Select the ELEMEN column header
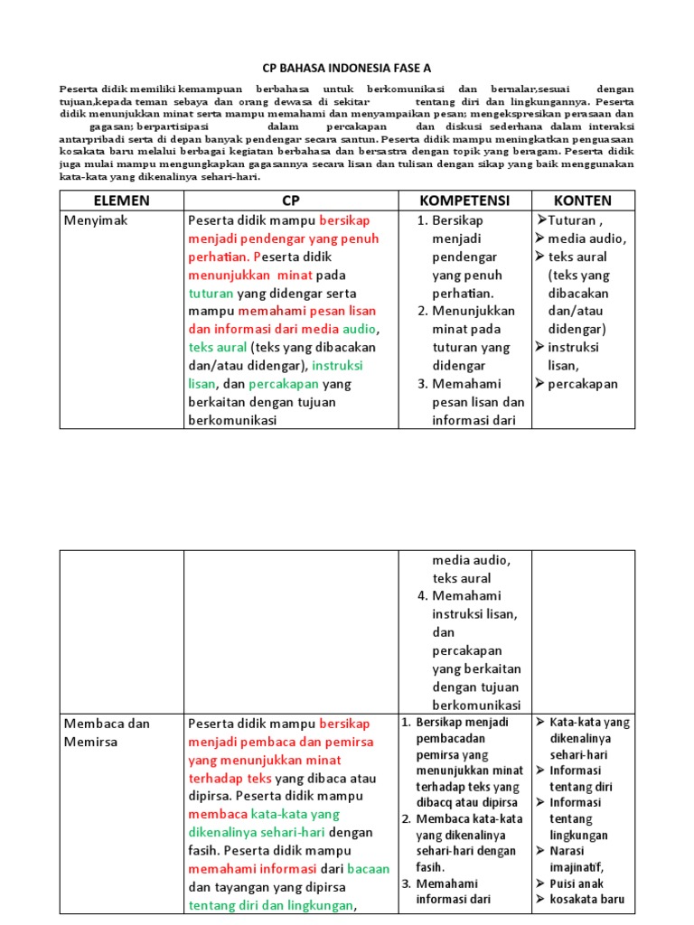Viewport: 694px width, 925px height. tap(121, 201)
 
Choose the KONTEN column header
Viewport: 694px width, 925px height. tap(583, 201)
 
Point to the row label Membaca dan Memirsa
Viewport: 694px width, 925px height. tap(107, 733)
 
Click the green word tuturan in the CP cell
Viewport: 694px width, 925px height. tap(211, 294)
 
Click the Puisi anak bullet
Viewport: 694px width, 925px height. tap(577, 883)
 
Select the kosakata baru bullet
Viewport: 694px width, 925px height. tap(586, 900)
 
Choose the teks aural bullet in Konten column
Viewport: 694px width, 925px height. tap(578, 257)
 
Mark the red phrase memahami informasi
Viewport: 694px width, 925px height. tap(249, 869)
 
